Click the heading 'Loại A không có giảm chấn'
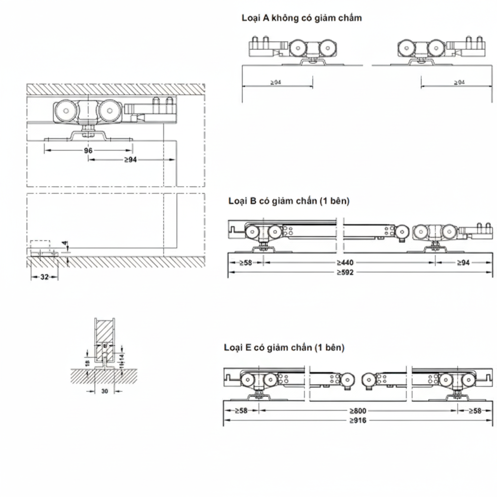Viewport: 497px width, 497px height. tap(301, 18)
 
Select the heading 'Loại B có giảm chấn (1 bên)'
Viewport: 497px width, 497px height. tap(288, 201)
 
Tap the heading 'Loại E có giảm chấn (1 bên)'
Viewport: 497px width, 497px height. tap(284, 348)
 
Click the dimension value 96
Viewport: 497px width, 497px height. tap(88, 150)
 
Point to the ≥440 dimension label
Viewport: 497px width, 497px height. tap(345, 263)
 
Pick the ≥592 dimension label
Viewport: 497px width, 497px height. tap(345, 272)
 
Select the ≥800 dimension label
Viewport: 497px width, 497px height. tap(357, 410)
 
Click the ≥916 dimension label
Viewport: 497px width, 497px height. tap(357, 420)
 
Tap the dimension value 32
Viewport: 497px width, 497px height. tap(44, 277)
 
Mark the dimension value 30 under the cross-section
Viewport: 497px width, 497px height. tap(105, 391)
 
